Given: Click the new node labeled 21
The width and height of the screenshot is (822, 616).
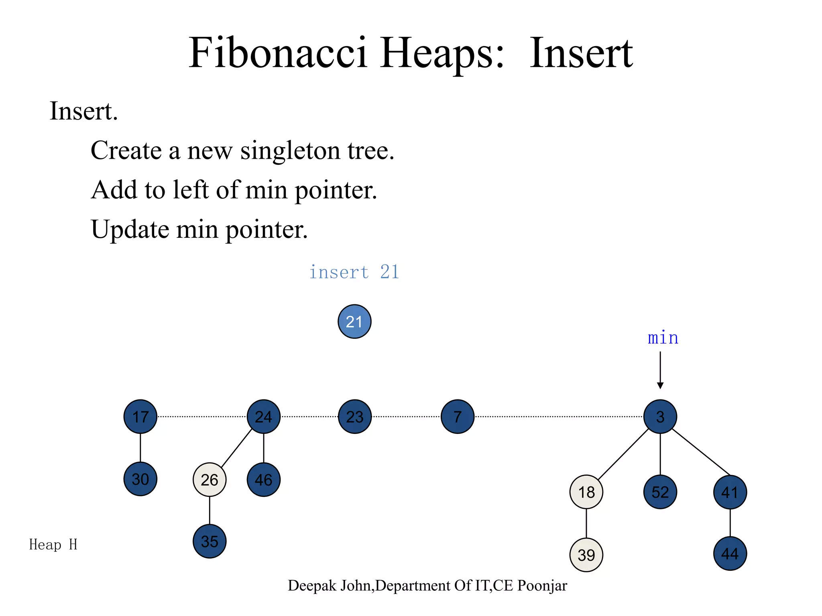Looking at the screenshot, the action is click(x=354, y=322).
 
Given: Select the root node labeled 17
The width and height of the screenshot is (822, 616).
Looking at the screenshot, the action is click(x=140, y=417).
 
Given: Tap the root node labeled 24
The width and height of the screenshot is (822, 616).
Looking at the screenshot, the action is click(x=264, y=417).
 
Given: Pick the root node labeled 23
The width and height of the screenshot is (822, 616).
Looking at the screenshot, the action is click(x=355, y=417).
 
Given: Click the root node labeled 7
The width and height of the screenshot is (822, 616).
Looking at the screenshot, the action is click(x=458, y=417).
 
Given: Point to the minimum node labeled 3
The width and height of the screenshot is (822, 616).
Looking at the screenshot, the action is click(x=660, y=417).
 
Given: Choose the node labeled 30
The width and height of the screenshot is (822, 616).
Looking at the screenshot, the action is click(x=140, y=479).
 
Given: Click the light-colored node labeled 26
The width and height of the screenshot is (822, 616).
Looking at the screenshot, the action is click(x=210, y=480).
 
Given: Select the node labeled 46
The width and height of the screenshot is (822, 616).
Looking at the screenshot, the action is click(x=264, y=480).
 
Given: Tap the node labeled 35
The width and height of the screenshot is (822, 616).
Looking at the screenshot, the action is click(x=210, y=541).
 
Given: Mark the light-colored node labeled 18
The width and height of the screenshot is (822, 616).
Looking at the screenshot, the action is click(x=586, y=492).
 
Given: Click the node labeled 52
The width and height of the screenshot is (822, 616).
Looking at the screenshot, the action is click(x=660, y=492).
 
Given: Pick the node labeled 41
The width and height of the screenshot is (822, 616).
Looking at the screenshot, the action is click(x=730, y=492).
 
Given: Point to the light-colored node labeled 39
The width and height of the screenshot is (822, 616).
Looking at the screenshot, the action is click(x=586, y=555).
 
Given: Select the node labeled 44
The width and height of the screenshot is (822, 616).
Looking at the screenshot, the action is click(x=730, y=554).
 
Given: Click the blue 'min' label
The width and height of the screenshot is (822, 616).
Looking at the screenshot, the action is click(x=663, y=338).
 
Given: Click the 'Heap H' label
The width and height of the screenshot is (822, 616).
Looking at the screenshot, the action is click(x=53, y=545).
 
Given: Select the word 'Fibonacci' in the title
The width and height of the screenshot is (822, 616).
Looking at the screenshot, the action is click(x=278, y=53).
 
